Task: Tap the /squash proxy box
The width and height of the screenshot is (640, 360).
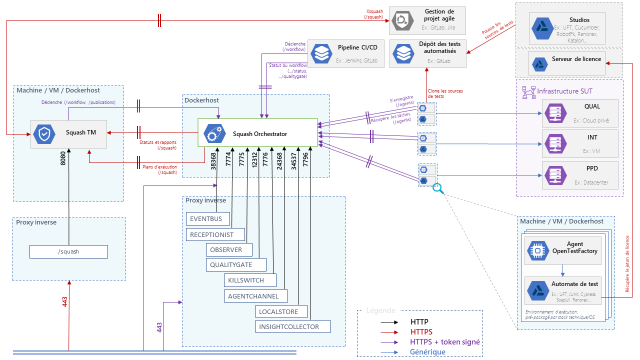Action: pyautogui.click(x=68, y=251)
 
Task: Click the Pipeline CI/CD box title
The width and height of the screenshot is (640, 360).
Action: pyautogui.click(x=357, y=47)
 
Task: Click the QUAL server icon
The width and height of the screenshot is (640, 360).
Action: pyautogui.click(x=555, y=113)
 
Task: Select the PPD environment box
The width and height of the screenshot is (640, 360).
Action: pyautogui.click(x=580, y=175)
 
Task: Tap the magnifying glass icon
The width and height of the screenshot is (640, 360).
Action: pyautogui.click(x=438, y=188)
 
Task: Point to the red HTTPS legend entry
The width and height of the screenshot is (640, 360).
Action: pyautogui.click(x=421, y=331)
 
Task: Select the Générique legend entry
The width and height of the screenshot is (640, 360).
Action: pyautogui.click(x=427, y=351)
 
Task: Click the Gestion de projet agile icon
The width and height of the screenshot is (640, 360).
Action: pyautogui.click(x=402, y=19)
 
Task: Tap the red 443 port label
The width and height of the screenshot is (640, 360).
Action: pyautogui.click(x=64, y=301)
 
